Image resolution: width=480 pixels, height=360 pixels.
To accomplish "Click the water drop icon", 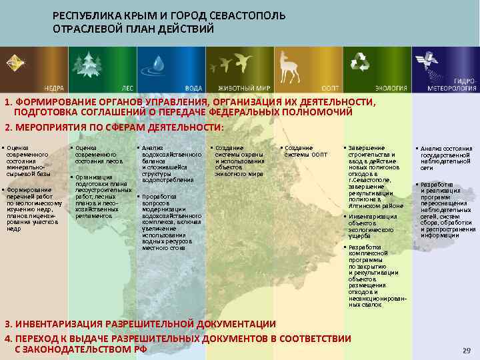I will (159, 64).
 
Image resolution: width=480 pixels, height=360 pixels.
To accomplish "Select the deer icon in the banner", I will (289, 65).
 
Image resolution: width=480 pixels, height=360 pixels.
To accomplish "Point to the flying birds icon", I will (230, 64).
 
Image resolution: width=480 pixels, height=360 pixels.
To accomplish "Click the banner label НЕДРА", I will (54, 87).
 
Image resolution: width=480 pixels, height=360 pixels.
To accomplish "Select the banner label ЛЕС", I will (127, 87).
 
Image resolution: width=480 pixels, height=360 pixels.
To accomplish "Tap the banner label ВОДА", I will (193, 87).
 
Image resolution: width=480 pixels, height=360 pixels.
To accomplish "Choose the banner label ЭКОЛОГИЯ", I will (387, 87).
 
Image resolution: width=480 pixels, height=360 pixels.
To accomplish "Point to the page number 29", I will (466, 350).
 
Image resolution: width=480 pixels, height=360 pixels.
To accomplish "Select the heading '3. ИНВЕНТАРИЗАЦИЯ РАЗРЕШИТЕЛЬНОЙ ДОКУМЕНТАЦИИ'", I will (140, 324).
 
